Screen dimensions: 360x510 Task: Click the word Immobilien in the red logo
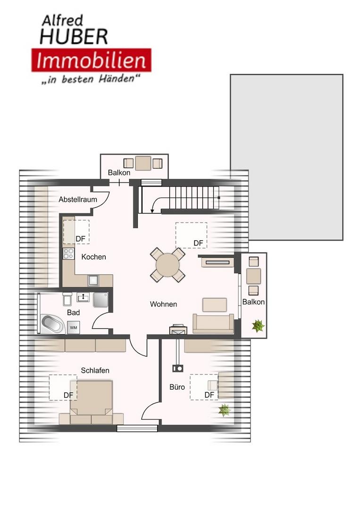pos(91,61)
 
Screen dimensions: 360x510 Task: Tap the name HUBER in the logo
pos(74,37)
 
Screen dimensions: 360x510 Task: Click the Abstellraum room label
pos(78,199)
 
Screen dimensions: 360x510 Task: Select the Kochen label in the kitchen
pos(93,257)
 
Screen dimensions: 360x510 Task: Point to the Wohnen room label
pos(163,304)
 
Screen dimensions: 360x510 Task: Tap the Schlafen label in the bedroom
pos(95,371)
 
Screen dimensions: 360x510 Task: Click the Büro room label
pos(177,387)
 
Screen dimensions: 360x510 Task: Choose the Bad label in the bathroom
pos(74,313)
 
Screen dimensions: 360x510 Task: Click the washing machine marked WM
pos(74,328)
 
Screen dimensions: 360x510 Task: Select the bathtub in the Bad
pos(53,324)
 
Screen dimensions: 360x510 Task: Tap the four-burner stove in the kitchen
pos(68,254)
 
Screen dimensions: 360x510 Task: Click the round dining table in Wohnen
pos(167,265)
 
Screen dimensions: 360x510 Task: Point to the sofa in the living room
pos(213,323)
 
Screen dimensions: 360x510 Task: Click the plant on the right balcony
pos(258,326)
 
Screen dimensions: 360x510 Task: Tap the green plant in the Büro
pos(224,410)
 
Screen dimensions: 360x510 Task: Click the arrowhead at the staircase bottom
pos(152,212)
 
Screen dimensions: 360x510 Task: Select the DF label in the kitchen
pos(80,239)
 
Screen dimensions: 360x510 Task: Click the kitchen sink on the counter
pos(93,280)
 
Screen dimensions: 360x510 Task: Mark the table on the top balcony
pos(143,163)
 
